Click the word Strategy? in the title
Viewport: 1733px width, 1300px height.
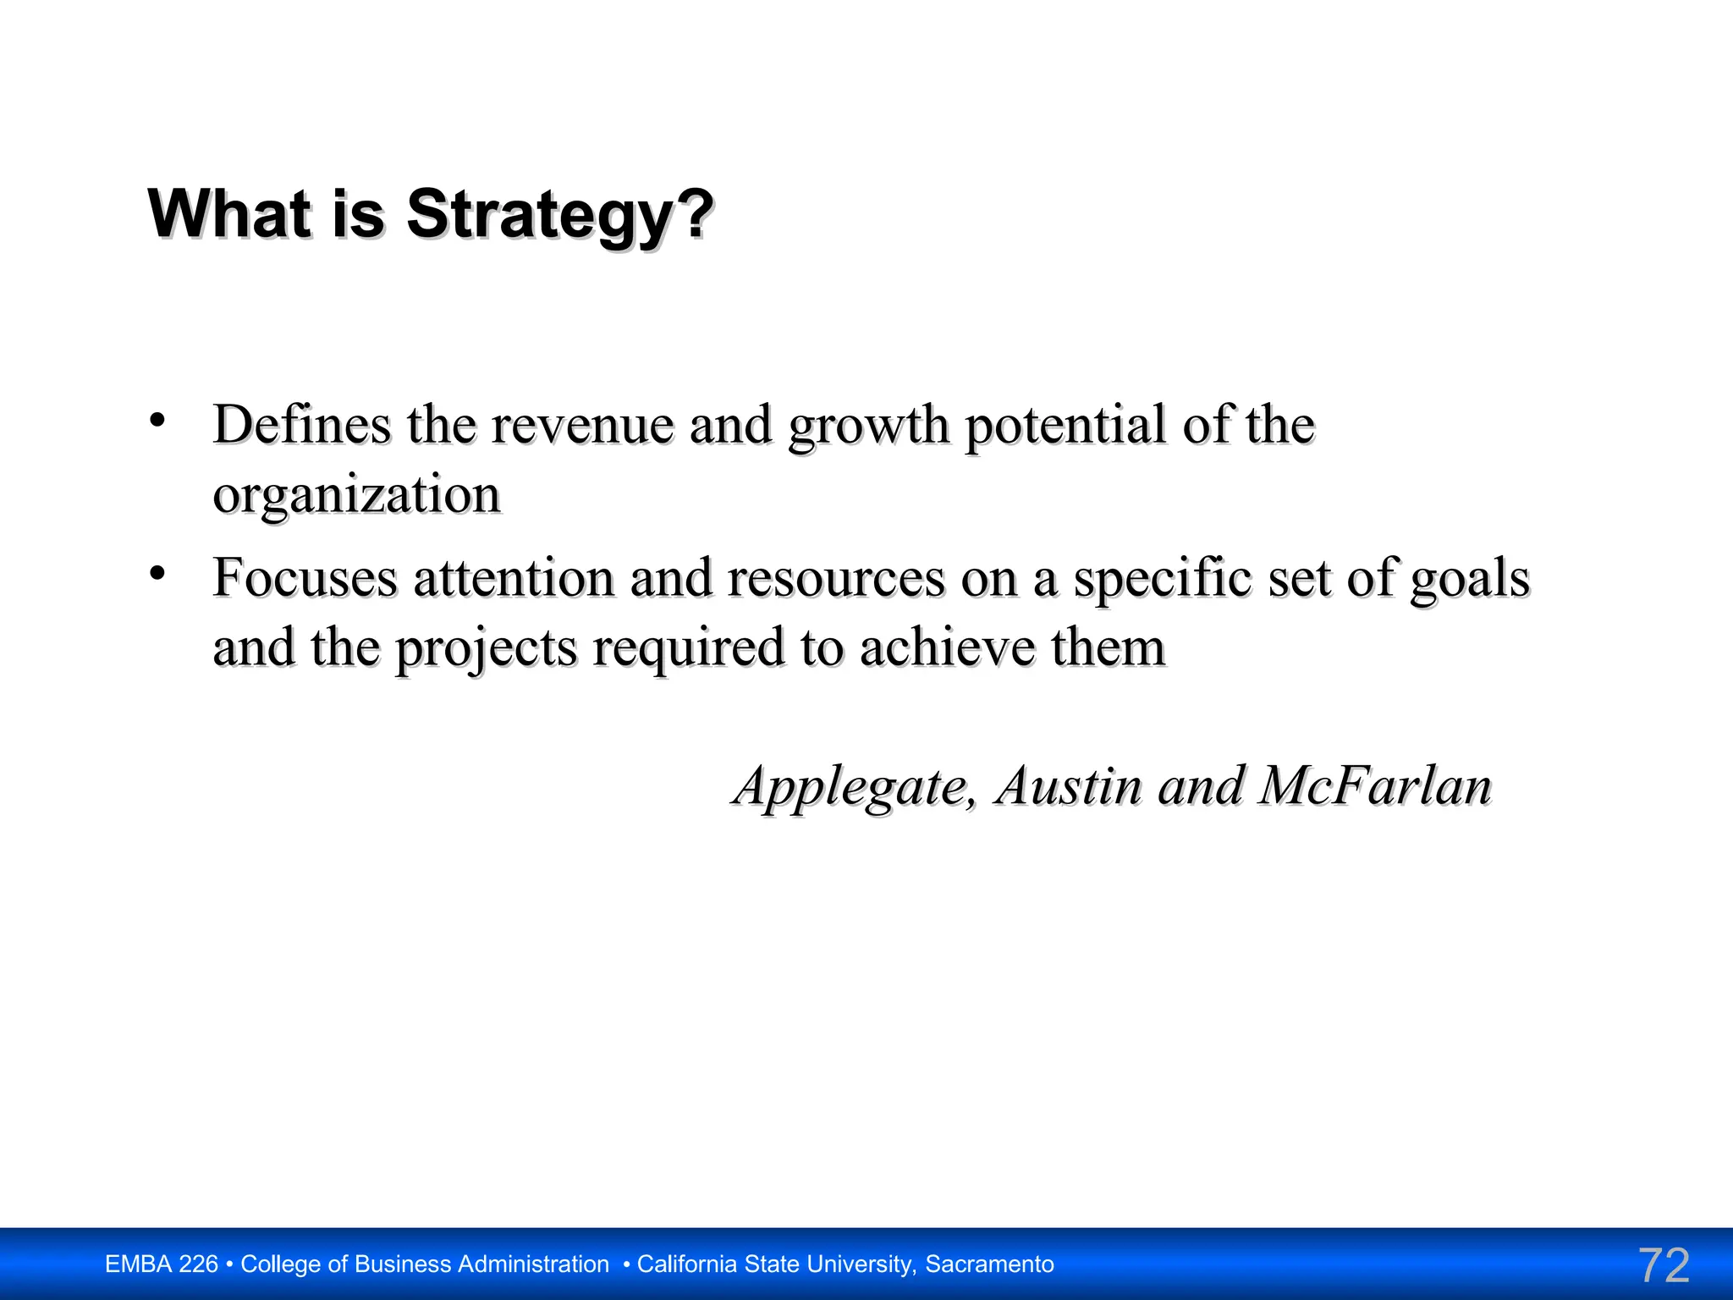pos(559,215)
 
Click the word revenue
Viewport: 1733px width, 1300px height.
pos(582,426)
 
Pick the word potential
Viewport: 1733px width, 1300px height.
pos(1066,426)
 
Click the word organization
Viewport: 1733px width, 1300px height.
pos(356,496)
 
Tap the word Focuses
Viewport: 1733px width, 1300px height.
pos(305,578)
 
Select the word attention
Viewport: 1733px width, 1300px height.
pos(514,579)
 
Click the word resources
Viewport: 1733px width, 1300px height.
pos(836,579)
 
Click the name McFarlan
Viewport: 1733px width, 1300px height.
pos(1375,786)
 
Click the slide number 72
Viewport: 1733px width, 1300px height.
pos(1664,1265)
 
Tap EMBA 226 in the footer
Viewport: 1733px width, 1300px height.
pos(161,1264)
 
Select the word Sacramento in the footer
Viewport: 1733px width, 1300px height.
pos(989,1264)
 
